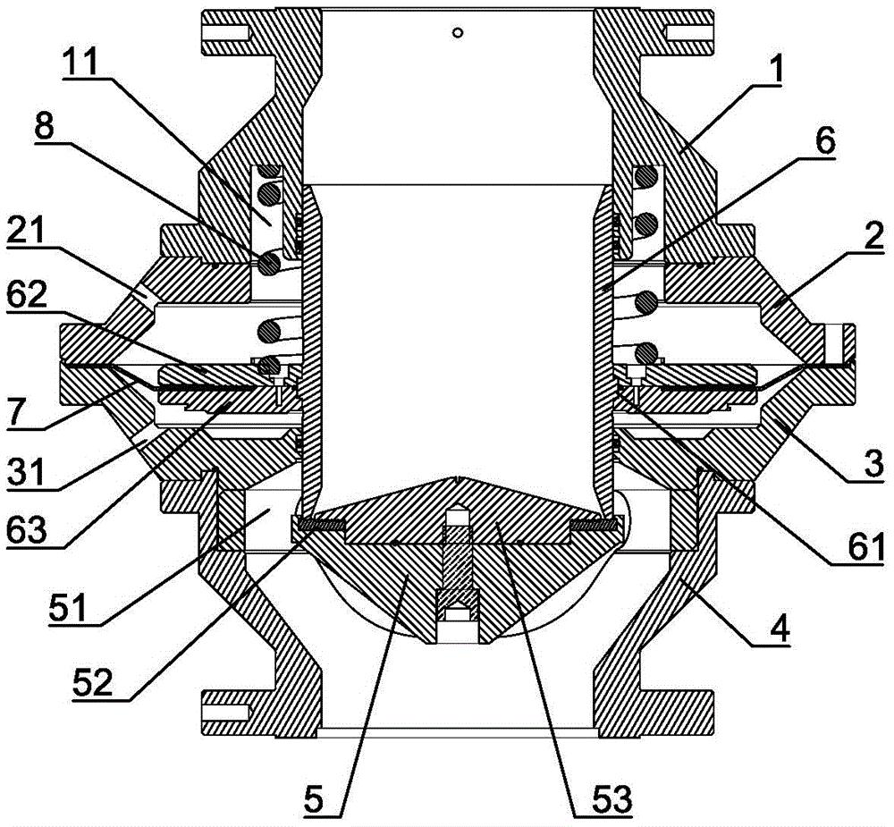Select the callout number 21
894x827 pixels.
click(27, 233)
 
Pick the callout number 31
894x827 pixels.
click(27, 473)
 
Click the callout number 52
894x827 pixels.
click(93, 681)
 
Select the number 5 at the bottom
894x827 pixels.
click(313, 799)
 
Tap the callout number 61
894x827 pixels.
click(865, 545)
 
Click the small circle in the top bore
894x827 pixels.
click(457, 32)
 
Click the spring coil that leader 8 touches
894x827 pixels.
click(269, 264)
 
